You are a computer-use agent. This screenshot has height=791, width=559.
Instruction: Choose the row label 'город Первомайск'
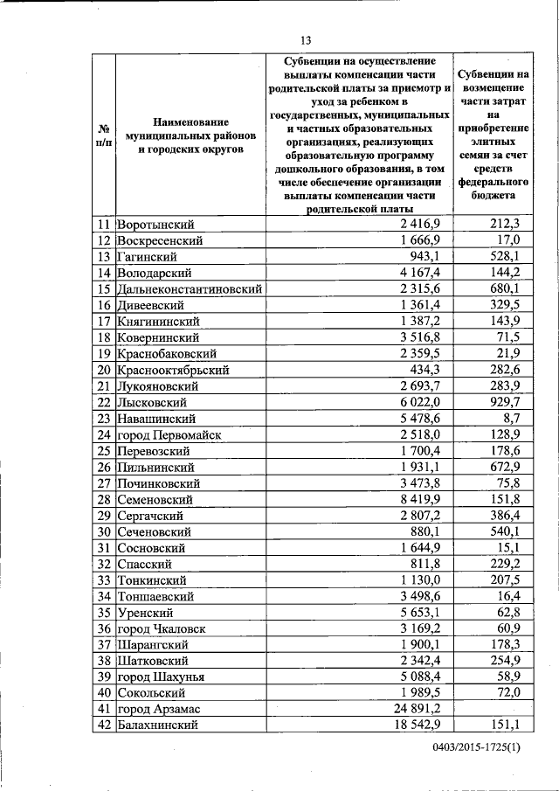point(171,434)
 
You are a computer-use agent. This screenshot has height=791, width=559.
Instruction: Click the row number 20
point(105,370)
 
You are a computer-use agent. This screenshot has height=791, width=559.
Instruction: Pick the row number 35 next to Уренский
point(105,612)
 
